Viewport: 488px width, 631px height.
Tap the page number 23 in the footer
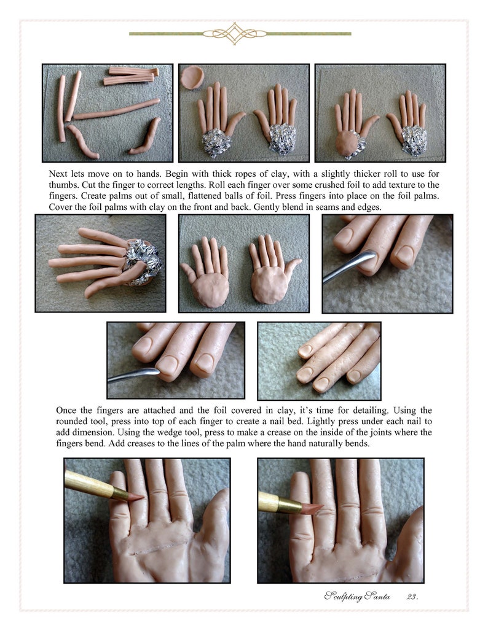coord(412,596)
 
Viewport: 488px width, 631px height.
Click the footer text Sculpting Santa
coord(358,596)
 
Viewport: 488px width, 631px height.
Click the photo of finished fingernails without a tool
coord(318,361)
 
